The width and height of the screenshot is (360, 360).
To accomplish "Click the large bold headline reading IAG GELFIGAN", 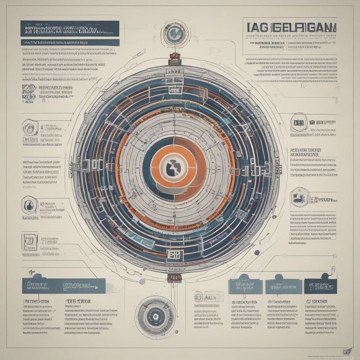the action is tap(290, 26).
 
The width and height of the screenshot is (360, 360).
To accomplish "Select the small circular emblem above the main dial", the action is tap(174, 33).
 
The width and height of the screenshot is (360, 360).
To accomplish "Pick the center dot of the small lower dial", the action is tap(155, 316).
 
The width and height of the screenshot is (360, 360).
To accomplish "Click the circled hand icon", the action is tap(29, 204).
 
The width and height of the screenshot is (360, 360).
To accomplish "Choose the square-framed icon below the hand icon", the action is tap(29, 242).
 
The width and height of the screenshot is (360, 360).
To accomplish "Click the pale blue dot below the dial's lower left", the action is tap(142, 281).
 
